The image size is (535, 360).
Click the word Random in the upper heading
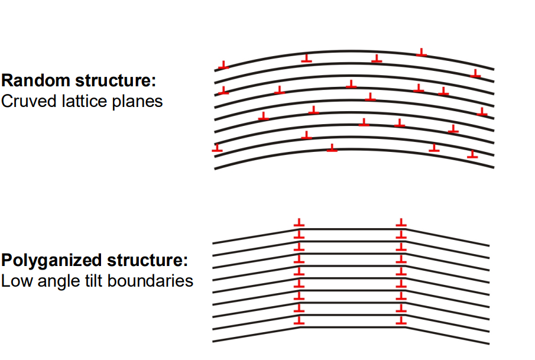pyautogui.click(x=36, y=80)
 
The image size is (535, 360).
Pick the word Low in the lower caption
pyautogui.click(x=17, y=281)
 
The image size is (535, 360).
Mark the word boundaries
pyautogui.click(x=150, y=281)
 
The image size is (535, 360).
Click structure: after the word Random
pyautogui.click(x=115, y=80)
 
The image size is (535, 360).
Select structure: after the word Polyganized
pyautogui.click(x=147, y=260)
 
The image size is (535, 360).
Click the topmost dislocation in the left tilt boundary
pyautogui.click(x=299, y=222)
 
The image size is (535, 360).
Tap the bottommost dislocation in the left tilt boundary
pyautogui.click(x=299, y=320)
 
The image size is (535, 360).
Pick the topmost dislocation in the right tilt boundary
pyautogui.click(x=401, y=222)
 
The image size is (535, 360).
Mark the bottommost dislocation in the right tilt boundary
pyautogui.click(x=401, y=320)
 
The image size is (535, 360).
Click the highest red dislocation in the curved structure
pyautogui.click(x=421, y=52)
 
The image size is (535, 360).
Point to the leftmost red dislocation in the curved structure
pyautogui.click(x=217, y=148)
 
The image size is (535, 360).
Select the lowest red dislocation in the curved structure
pyautogui.click(x=472, y=154)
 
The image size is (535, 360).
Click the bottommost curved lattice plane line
pyautogui.click(x=354, y=150)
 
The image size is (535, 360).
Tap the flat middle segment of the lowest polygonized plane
pyautogui.click(x=353, y=327)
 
